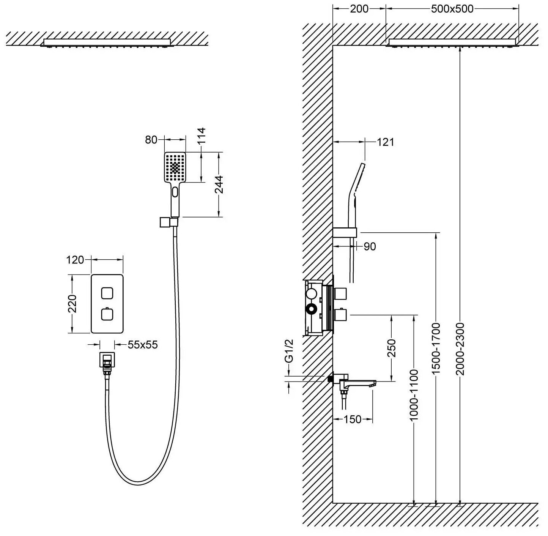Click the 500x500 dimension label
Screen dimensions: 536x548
click(x=452, y=9)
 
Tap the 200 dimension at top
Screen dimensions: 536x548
click(x=359, y=9)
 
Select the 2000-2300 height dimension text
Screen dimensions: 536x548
click(x=460, y=348)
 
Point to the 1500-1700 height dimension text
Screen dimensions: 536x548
click(x=436, y=348)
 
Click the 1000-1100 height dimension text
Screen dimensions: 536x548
click(x=414, y=395)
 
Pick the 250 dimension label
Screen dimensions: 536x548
click(x=391, y=348)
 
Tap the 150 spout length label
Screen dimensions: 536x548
click(x=353, y=419)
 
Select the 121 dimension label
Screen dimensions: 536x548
click(x=386, y=142)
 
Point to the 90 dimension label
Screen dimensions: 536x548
click(x=369, y=246)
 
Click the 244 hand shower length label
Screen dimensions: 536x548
click(x=219, y=184)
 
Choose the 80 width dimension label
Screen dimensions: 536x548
click(x=151, y=140)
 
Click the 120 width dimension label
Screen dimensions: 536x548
click(x=75, y=260)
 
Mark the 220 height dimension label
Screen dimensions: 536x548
click(x=72, y=303)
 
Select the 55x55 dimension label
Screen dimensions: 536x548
click(x=142, y=345)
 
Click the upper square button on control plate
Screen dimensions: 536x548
click(x=107, y=293)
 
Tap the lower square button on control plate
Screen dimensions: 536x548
click(x=107, y=314)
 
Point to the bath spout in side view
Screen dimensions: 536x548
click(x=359, y=383)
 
